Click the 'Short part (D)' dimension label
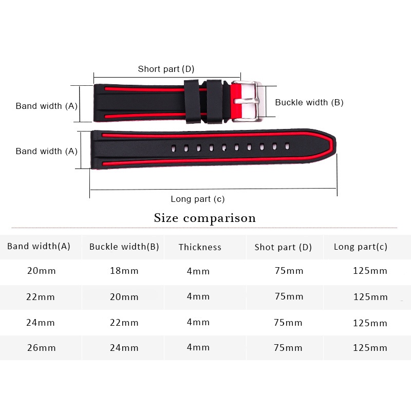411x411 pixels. [166, 69]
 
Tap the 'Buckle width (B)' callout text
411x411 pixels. [309, 102]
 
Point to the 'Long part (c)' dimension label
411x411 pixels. [198, 199]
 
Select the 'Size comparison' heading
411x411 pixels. [205, 218]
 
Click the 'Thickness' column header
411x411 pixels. [200, 247]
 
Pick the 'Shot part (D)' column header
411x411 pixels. [283, 247]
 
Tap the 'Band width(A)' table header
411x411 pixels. [39, 246]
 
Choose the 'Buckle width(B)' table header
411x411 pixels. [124, 247]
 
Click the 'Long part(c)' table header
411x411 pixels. [361, 247]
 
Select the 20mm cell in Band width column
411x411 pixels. [41, 271]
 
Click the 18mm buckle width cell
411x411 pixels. [124, 271]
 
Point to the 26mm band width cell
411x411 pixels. [41, 348]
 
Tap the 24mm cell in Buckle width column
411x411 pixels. [124, 348]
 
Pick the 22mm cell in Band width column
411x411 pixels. [41, 297]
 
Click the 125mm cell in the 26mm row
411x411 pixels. [370, 348]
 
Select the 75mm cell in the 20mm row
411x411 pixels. [288, 271]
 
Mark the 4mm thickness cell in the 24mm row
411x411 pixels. [198, 323]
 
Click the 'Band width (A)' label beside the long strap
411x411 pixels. [46, 151]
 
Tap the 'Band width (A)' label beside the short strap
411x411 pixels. [46, 106]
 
